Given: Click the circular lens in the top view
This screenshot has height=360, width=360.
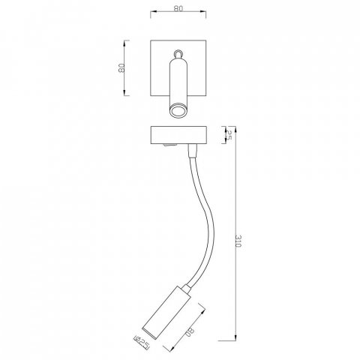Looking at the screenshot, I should tap(178, 112).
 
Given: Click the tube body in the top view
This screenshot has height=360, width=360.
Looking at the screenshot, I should tap(178, 82).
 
